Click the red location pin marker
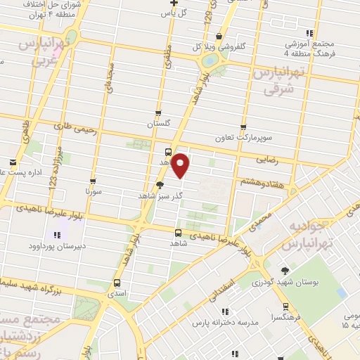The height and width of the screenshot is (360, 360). point(181,165)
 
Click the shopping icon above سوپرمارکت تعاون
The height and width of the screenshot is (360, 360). point(243,128)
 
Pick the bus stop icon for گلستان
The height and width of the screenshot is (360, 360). point(158,112)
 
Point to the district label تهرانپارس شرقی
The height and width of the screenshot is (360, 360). point(279,81)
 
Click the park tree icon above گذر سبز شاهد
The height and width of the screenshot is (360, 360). point(160,186)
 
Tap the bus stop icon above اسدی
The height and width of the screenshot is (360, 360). point(117,284)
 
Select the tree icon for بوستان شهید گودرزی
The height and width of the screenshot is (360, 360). point(285,271)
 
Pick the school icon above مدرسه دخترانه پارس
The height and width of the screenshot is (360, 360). point(224,311)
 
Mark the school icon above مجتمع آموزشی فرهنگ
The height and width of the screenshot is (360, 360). point(309,33)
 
